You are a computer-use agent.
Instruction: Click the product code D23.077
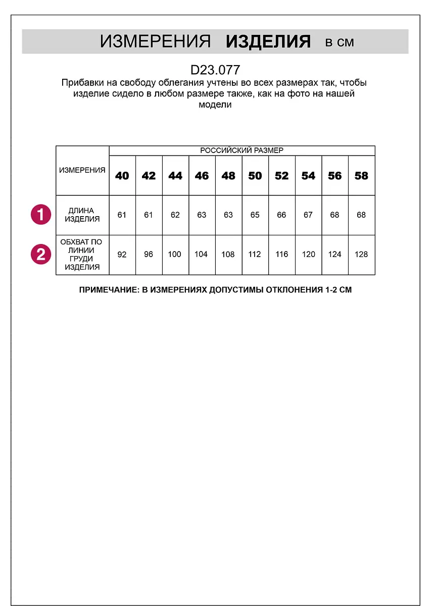point(215,70)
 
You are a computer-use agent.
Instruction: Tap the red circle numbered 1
point(40,215)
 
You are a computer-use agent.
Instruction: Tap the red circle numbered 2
point(40,254)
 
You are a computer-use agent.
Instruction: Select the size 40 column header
point(122,176)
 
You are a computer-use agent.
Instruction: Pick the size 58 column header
point(361,176)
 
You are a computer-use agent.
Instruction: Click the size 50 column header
point(255,176)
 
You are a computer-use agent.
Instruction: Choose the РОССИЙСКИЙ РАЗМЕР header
point(242,150)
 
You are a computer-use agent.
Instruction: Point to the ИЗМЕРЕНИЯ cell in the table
point(82,170)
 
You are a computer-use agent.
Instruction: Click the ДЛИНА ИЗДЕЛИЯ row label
point(82,215)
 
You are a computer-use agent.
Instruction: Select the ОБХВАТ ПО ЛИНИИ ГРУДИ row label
point(82,255)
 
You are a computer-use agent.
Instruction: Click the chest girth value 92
point(122,255)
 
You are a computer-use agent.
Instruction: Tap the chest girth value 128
point(361,255)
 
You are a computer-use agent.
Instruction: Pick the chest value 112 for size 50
point(255,255)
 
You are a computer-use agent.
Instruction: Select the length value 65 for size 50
point(255,215)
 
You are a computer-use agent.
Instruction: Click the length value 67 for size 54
point(308,215)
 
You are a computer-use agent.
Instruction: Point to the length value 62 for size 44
point(175,215)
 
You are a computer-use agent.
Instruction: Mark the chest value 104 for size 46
point(201,255)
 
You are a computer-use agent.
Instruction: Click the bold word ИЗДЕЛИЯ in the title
point(268,42)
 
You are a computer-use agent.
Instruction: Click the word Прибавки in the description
point(79,83)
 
